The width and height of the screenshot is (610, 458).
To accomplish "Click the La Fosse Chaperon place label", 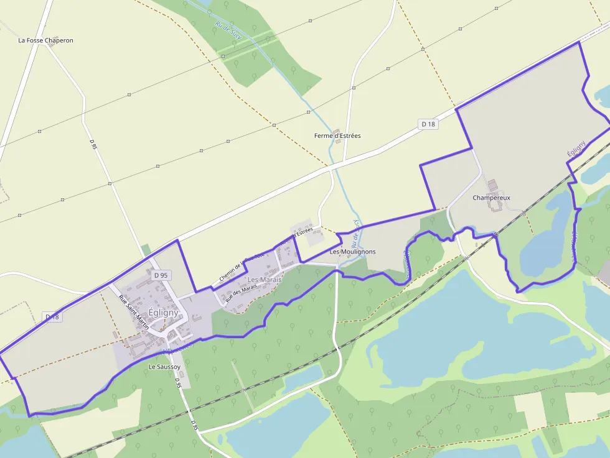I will pyautogui.click(x=45, y=40).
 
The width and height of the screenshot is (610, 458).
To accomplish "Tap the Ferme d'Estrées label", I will pyautogui.click(x=337, y=135).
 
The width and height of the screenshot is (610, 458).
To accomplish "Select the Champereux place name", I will pyautogui.click(x=491, y=198).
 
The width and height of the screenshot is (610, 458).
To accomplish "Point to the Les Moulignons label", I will pyautogui.click(x=352, y=252).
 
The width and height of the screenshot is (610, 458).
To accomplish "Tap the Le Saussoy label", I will pyautogui.click(x=164, y=367).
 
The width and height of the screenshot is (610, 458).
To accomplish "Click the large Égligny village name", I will pyautogui.click(x=164, y=313).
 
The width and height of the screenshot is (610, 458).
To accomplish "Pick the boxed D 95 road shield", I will pyautogui.click(x=161, y=275).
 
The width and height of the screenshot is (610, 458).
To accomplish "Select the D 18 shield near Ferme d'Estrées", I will pyautogui.click(x=428, y=124).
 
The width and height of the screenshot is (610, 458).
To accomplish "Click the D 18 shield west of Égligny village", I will pyautogui.click(x=52, y=317).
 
